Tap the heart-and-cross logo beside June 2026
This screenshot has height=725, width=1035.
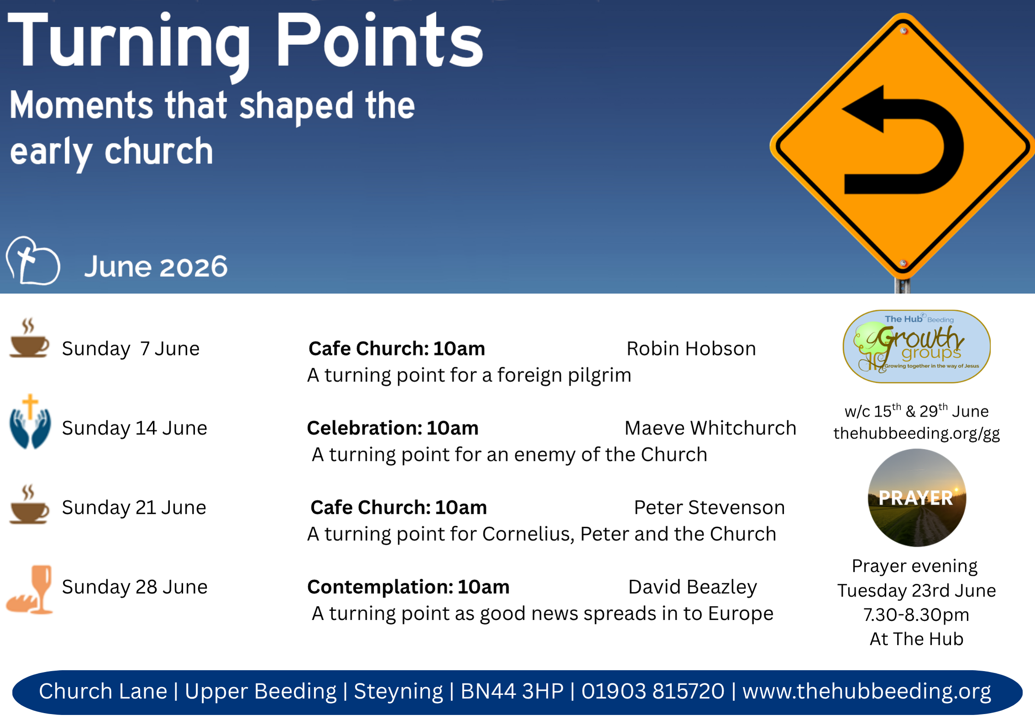(33, 261)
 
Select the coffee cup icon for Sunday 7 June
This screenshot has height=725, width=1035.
(29, 338)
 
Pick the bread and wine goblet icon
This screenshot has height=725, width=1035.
(30, 590)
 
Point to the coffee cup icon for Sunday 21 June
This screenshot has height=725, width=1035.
(29, 504)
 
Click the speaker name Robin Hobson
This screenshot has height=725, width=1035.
(691, 349)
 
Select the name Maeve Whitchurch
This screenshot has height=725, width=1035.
(710, 428)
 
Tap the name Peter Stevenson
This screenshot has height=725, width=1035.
(709, 508)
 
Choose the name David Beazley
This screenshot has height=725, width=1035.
(693, 587)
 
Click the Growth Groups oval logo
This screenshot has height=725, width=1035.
(916, 346)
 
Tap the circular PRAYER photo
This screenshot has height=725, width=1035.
(917, 497)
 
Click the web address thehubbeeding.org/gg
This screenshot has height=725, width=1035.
(917, 433)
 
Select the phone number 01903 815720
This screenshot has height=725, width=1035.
(653, 691)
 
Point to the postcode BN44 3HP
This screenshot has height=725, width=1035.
(512, 691)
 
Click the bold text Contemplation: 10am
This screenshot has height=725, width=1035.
(408, 587)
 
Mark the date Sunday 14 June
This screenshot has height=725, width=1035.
(135, 428)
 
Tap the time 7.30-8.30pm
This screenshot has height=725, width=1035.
(916, 614)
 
